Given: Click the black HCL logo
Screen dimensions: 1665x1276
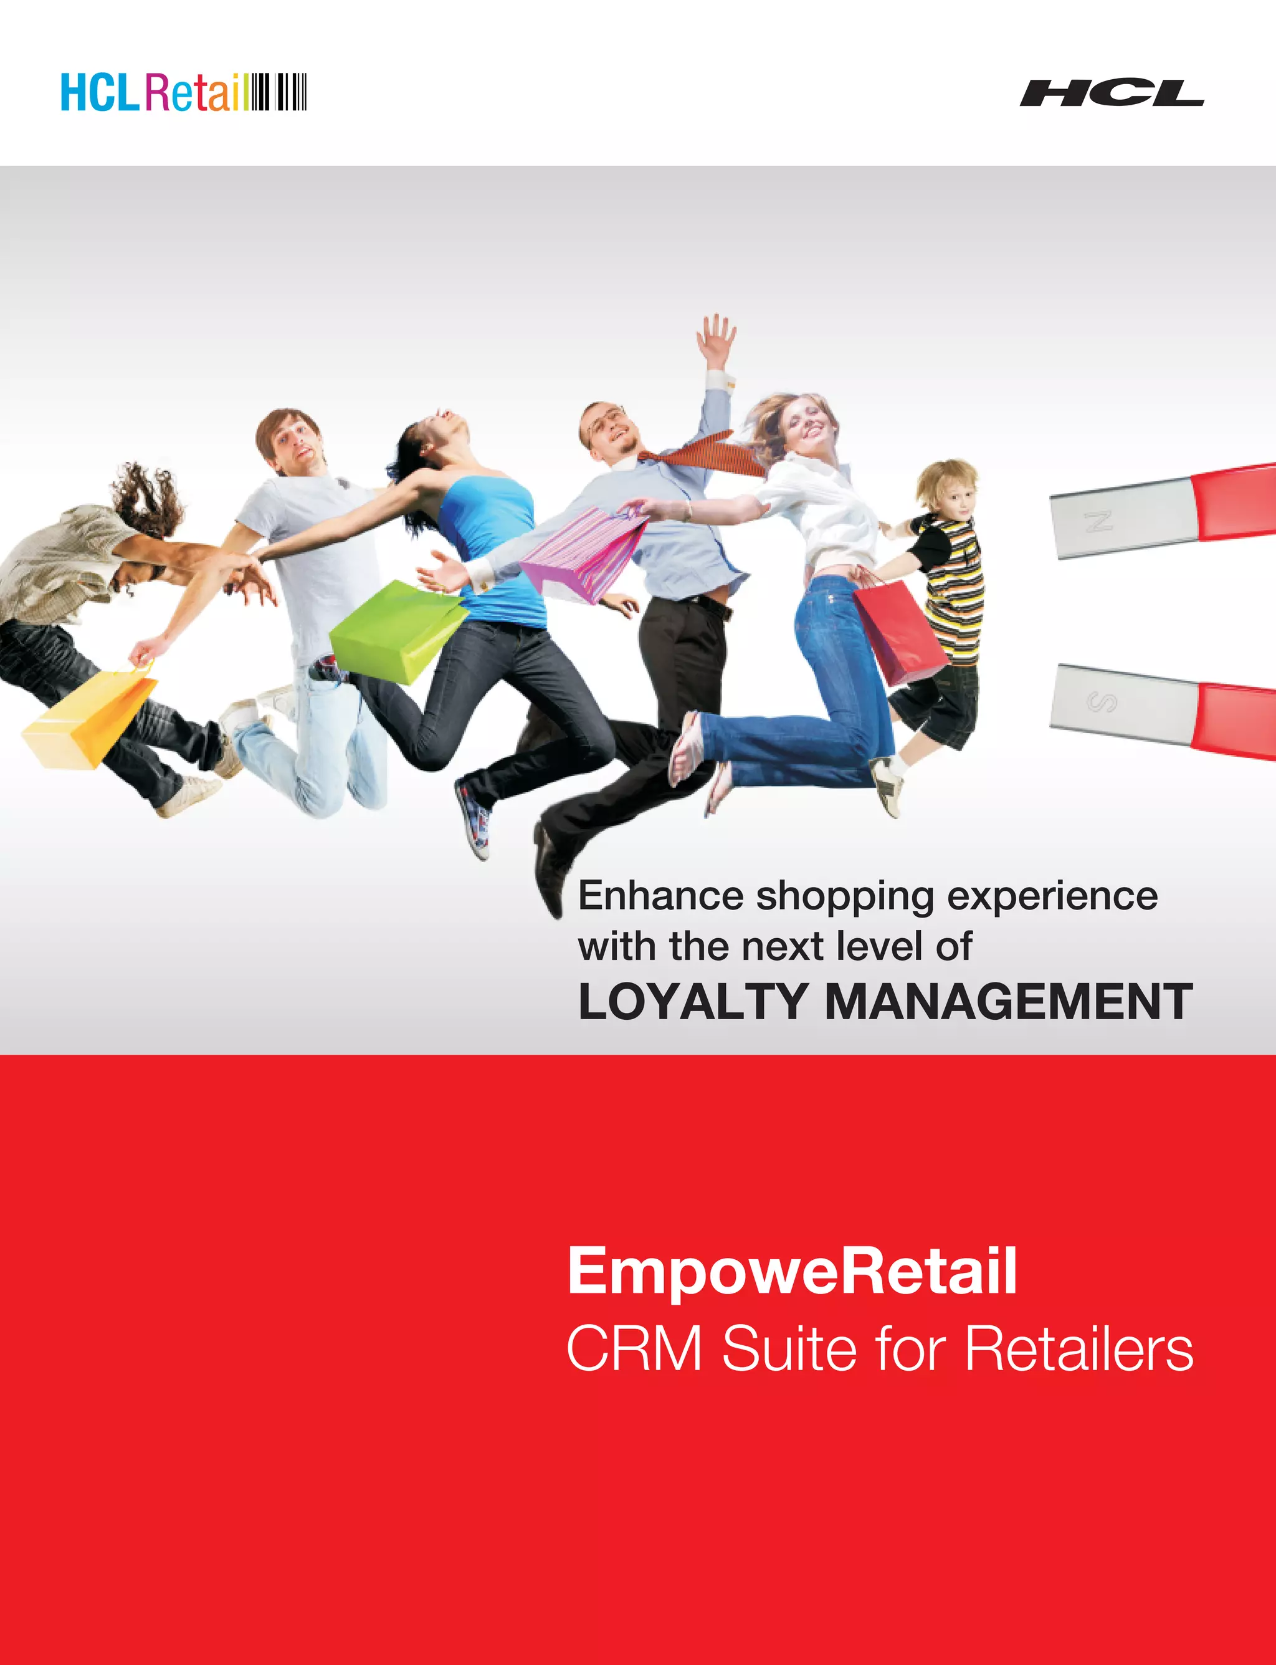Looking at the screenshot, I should click(x=1111, y=93).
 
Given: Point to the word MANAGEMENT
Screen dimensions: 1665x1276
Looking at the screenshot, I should click(x=1008, y=1002).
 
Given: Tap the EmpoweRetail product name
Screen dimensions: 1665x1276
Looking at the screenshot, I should click(x=791, y=1270).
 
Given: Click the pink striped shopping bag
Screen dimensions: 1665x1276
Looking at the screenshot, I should click(x=583, y=552).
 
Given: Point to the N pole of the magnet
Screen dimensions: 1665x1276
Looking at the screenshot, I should click(x=1099, y=521).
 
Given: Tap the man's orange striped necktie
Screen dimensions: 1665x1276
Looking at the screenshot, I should click(x=707, y=453).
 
